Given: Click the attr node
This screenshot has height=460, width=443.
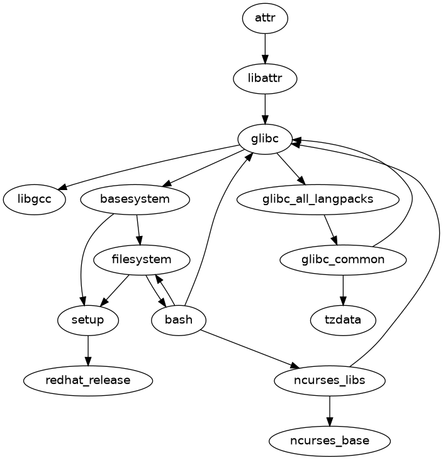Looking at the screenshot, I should point(265,18).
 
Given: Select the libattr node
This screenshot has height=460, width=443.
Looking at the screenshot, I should point(265,79).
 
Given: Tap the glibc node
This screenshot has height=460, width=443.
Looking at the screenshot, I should point(265,139).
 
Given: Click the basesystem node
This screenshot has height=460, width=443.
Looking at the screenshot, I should point(135,199).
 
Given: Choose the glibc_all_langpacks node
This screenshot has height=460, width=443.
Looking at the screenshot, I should point(318,199).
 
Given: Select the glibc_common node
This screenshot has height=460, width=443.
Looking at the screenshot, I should point(343,259).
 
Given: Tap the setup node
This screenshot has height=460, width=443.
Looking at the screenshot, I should point(87,320).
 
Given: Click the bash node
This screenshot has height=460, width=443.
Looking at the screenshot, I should point(178,320).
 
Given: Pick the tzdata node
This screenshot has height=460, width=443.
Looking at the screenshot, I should point(343,320).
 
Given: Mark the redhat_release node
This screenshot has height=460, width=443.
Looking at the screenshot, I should point(87,380).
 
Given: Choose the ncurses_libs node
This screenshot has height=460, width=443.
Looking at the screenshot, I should point(330,380).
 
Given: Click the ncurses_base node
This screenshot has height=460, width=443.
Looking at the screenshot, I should point(330,440).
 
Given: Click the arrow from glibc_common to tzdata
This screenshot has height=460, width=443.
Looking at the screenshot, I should point(343,289).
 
